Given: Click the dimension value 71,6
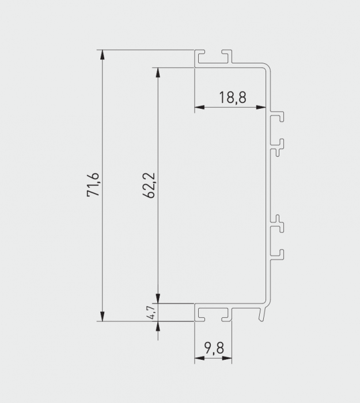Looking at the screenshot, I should coord(94,185).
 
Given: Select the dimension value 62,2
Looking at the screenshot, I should coord(148,185).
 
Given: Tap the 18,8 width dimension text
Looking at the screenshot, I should coord(232,97).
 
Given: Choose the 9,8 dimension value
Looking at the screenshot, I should coord(213,348).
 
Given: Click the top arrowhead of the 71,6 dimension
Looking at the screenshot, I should coord(103,55).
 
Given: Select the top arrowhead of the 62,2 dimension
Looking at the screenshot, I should coord(156,72).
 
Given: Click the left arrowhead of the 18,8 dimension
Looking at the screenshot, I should coord(199,107).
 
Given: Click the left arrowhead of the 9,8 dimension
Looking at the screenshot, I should coord(199,359).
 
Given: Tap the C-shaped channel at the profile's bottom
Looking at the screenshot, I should coord(213,313).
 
